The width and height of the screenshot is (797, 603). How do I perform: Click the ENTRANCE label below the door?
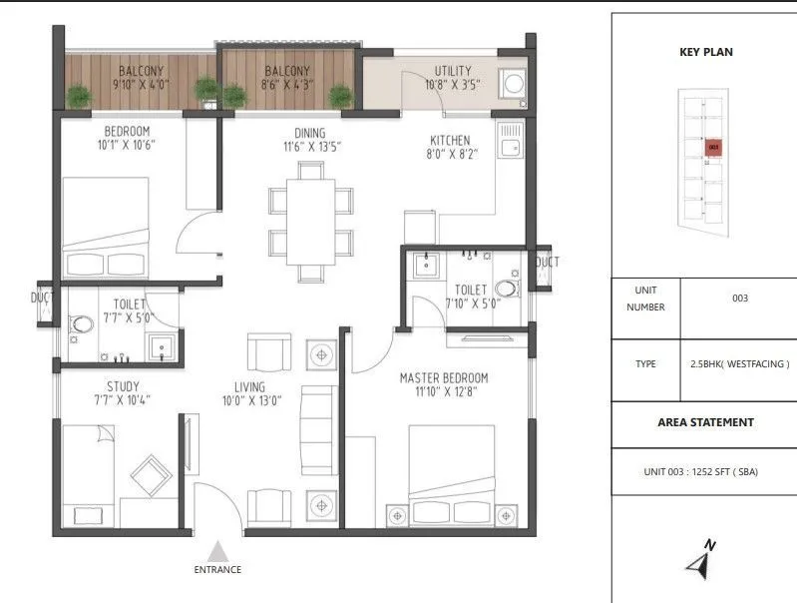click(217, 570)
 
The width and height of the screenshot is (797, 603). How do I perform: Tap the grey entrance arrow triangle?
click(217, 550)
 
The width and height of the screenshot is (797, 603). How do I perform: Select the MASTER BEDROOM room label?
click(444, 378)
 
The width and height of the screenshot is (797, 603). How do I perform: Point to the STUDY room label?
click(123, 386)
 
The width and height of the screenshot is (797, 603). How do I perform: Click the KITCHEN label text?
click(450, 141)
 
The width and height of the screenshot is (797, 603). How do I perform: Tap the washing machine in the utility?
click(515, 83)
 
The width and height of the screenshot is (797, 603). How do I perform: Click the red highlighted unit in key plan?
click(713, 148)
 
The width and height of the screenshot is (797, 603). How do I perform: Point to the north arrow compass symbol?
click(700, 561)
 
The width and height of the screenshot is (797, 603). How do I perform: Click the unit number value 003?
click(739, 298)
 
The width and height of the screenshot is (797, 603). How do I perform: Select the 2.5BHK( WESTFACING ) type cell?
click(739, 364)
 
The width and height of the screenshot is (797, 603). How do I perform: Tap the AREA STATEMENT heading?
click(705, 422)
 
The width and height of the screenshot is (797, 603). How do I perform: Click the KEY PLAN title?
click(705, 52)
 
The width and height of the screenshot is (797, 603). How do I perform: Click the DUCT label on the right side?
click(547, 263)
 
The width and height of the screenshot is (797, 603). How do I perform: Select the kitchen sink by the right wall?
click(512, 147)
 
